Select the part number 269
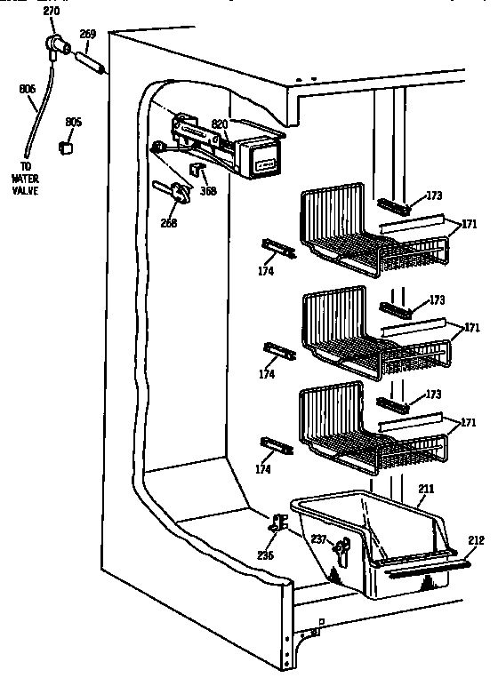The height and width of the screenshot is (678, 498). click(x=87, y=35)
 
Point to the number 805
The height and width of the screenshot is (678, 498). click(x=73, y=122)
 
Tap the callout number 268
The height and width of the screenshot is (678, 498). click(x=167, y=223)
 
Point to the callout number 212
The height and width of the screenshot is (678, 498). click(x=477, y=538)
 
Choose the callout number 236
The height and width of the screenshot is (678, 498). click(x=265, y=555)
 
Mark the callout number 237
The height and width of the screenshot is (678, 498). click(x=317, y=539)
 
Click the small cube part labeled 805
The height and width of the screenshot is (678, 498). click(x=65, y=148)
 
